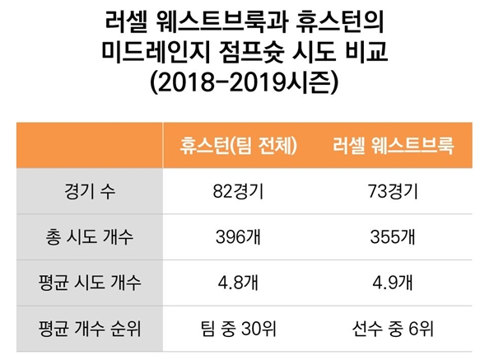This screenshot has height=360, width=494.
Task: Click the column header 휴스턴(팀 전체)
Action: [240, 147]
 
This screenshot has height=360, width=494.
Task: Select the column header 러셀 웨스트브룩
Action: [394, 147]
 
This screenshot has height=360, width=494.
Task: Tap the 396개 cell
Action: [240, 238]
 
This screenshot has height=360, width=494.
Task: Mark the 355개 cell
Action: [394, 238]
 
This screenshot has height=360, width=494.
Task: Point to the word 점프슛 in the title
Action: [249, 52]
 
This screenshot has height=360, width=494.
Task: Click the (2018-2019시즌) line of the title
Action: [246, 84]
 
